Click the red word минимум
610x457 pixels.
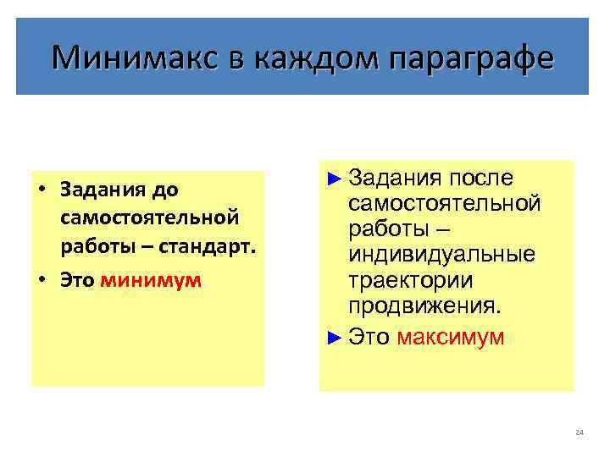(x=151, y=280)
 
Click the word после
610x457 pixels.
(x=482, y=178)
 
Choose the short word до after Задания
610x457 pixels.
(x=166, y=189)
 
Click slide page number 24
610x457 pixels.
(x=579, y=432)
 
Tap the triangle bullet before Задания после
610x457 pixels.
(x=335, y=178)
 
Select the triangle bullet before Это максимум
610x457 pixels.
(x=335, y=337)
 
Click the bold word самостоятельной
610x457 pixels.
(x=150, y=218)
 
